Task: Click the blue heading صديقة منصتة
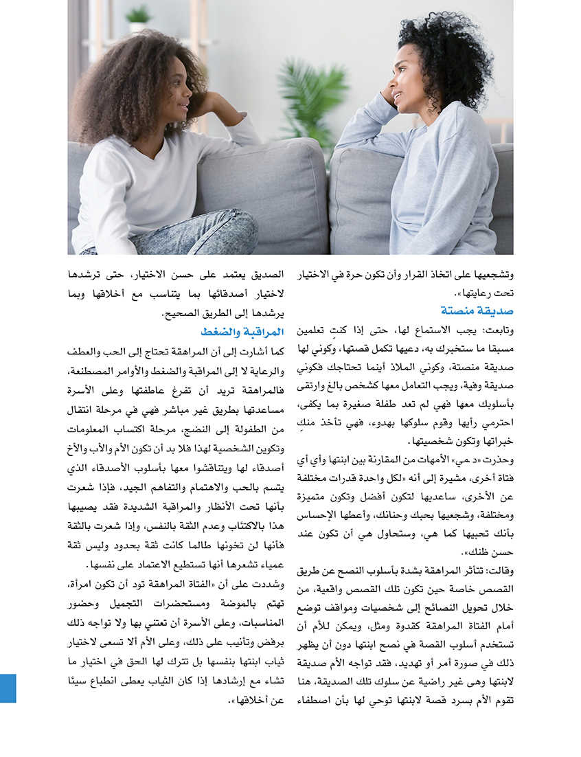pos(473,310)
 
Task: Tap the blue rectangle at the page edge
pos(8,688)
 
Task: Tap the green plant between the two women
pos(312,103)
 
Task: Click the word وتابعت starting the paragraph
pos(497,330)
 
